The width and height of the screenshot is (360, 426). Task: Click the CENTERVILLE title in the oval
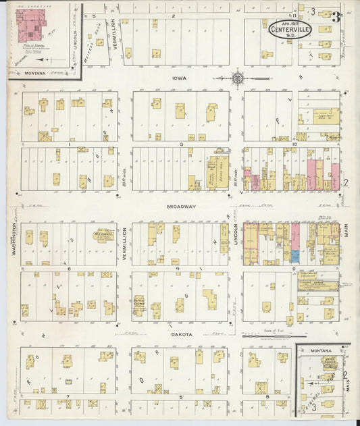(290, 28)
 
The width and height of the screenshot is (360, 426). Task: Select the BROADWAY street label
(182, 207)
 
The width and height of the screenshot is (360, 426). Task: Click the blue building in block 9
(295, 257)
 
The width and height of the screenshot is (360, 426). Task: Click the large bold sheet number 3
(336, 16)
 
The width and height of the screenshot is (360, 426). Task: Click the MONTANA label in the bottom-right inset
(321, 351)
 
